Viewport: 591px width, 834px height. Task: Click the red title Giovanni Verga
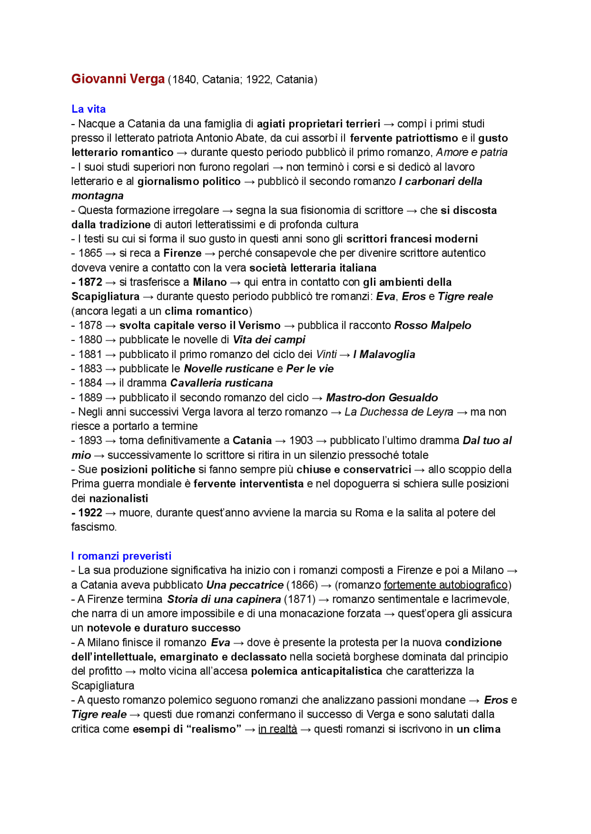pos(118,79)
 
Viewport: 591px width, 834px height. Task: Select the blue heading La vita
pos(88,109)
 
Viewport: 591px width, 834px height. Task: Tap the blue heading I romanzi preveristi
pos(121,556)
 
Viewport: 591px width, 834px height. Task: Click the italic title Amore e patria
pos(471,152)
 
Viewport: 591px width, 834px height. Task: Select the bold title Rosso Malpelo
pos(432,325)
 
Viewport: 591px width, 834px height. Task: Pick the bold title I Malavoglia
pos(384,354)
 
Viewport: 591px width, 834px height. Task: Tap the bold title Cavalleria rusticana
pos(221,383)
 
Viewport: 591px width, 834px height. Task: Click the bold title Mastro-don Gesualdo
pos(381,397)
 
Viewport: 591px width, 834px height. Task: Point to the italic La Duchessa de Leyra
pos(398,412)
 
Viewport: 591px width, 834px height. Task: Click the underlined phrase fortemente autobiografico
pos(446,585)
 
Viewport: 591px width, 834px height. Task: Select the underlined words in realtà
pos(277,729)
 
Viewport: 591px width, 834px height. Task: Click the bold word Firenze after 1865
pos(182,253)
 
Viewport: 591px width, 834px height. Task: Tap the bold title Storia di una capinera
pos(224,599)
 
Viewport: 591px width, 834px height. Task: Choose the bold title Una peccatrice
pos(245,585)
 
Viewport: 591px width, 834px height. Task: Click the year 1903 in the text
pos(301,441)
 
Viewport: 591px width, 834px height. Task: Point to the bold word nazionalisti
pos(118,498)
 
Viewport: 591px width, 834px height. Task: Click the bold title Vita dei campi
pos(269,340)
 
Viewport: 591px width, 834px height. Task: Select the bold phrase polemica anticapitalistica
pos(316,671)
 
